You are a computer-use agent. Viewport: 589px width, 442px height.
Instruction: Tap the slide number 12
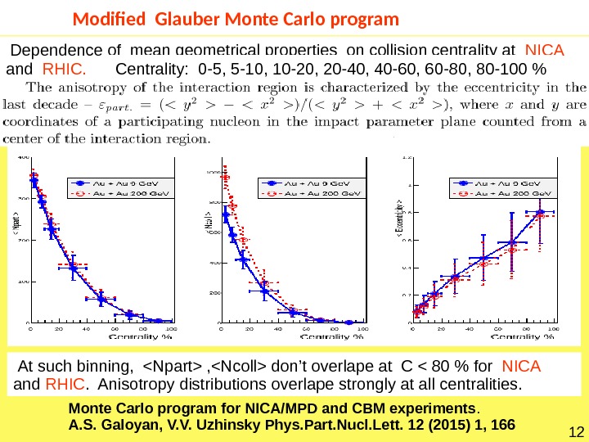(x=573, y=431)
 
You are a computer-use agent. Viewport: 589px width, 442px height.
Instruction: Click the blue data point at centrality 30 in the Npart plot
(x=74, y=268)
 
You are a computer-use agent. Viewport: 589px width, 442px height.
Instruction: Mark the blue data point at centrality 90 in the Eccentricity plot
(x=541, y=212)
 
